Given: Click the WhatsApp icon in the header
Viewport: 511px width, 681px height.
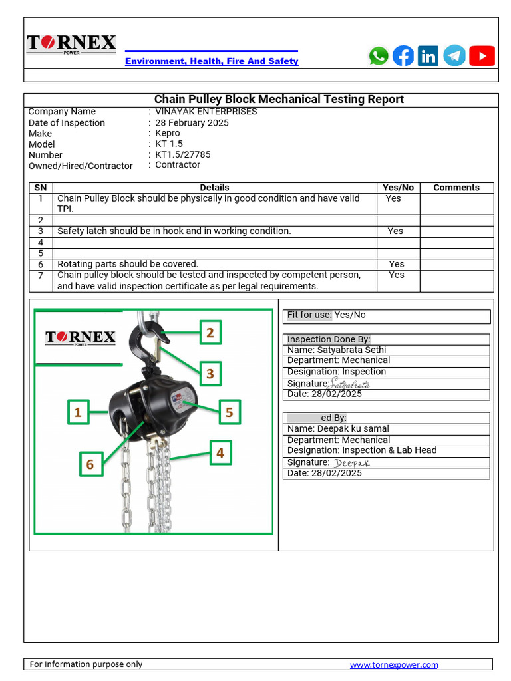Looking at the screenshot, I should click(379, 56).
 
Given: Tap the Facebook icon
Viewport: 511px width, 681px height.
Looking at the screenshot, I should click(403, 56).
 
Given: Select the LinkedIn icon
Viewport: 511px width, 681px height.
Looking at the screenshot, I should click(428, 56).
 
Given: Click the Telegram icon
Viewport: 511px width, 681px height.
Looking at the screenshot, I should click(454, 56).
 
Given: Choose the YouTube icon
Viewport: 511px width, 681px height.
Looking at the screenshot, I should click(482, 56).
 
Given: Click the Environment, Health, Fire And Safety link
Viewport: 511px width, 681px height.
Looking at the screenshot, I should click(212, 61).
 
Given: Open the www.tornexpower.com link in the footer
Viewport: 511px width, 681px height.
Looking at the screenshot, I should click(394, 664).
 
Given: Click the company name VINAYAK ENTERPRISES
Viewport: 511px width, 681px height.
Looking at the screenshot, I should click(206, 112).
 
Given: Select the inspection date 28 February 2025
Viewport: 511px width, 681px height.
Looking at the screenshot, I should click(192, 123).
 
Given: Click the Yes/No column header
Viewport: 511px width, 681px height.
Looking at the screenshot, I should click(398, 188).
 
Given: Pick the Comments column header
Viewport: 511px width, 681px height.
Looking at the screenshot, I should click(456, 188).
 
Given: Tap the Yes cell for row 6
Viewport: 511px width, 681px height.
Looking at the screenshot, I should click(397, 264).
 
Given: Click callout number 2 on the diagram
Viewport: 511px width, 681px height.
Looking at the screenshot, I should click(210, 333).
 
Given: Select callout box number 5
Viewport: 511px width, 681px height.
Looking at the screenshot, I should click(229, 412).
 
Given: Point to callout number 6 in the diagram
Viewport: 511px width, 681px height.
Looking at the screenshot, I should click(90, 464).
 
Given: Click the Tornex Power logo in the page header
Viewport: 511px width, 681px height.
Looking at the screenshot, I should click(71, 45).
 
